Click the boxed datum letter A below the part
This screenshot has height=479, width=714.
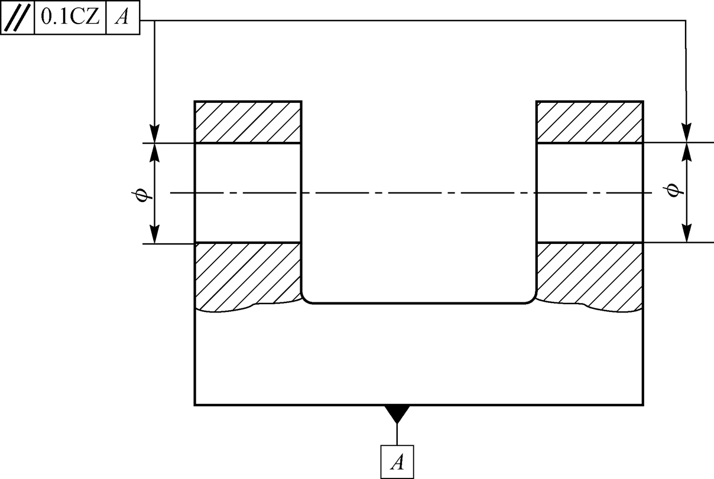coord(397,462)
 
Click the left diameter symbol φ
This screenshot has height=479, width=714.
coord(140,193)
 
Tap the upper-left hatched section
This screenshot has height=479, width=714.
coord(248,122)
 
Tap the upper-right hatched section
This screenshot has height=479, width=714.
coord(589,122)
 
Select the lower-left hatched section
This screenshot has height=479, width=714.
coord(248,275)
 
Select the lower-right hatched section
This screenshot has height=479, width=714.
coord(589,275)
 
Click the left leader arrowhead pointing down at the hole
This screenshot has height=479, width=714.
coord(154,134)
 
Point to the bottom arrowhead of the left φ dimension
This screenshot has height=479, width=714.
coord(154,235)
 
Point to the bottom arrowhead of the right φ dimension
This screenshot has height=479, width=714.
coord(686,234)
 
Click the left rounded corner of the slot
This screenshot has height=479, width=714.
coord(306,298)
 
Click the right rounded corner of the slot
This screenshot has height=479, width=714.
coord(531,298)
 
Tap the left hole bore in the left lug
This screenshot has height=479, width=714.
coord(248,193)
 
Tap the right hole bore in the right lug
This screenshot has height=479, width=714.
coord(589,193)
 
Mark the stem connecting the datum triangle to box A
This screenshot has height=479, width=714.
coord(397,433)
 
